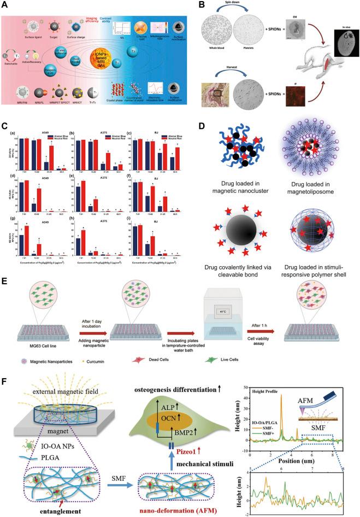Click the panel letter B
pos(197,6)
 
